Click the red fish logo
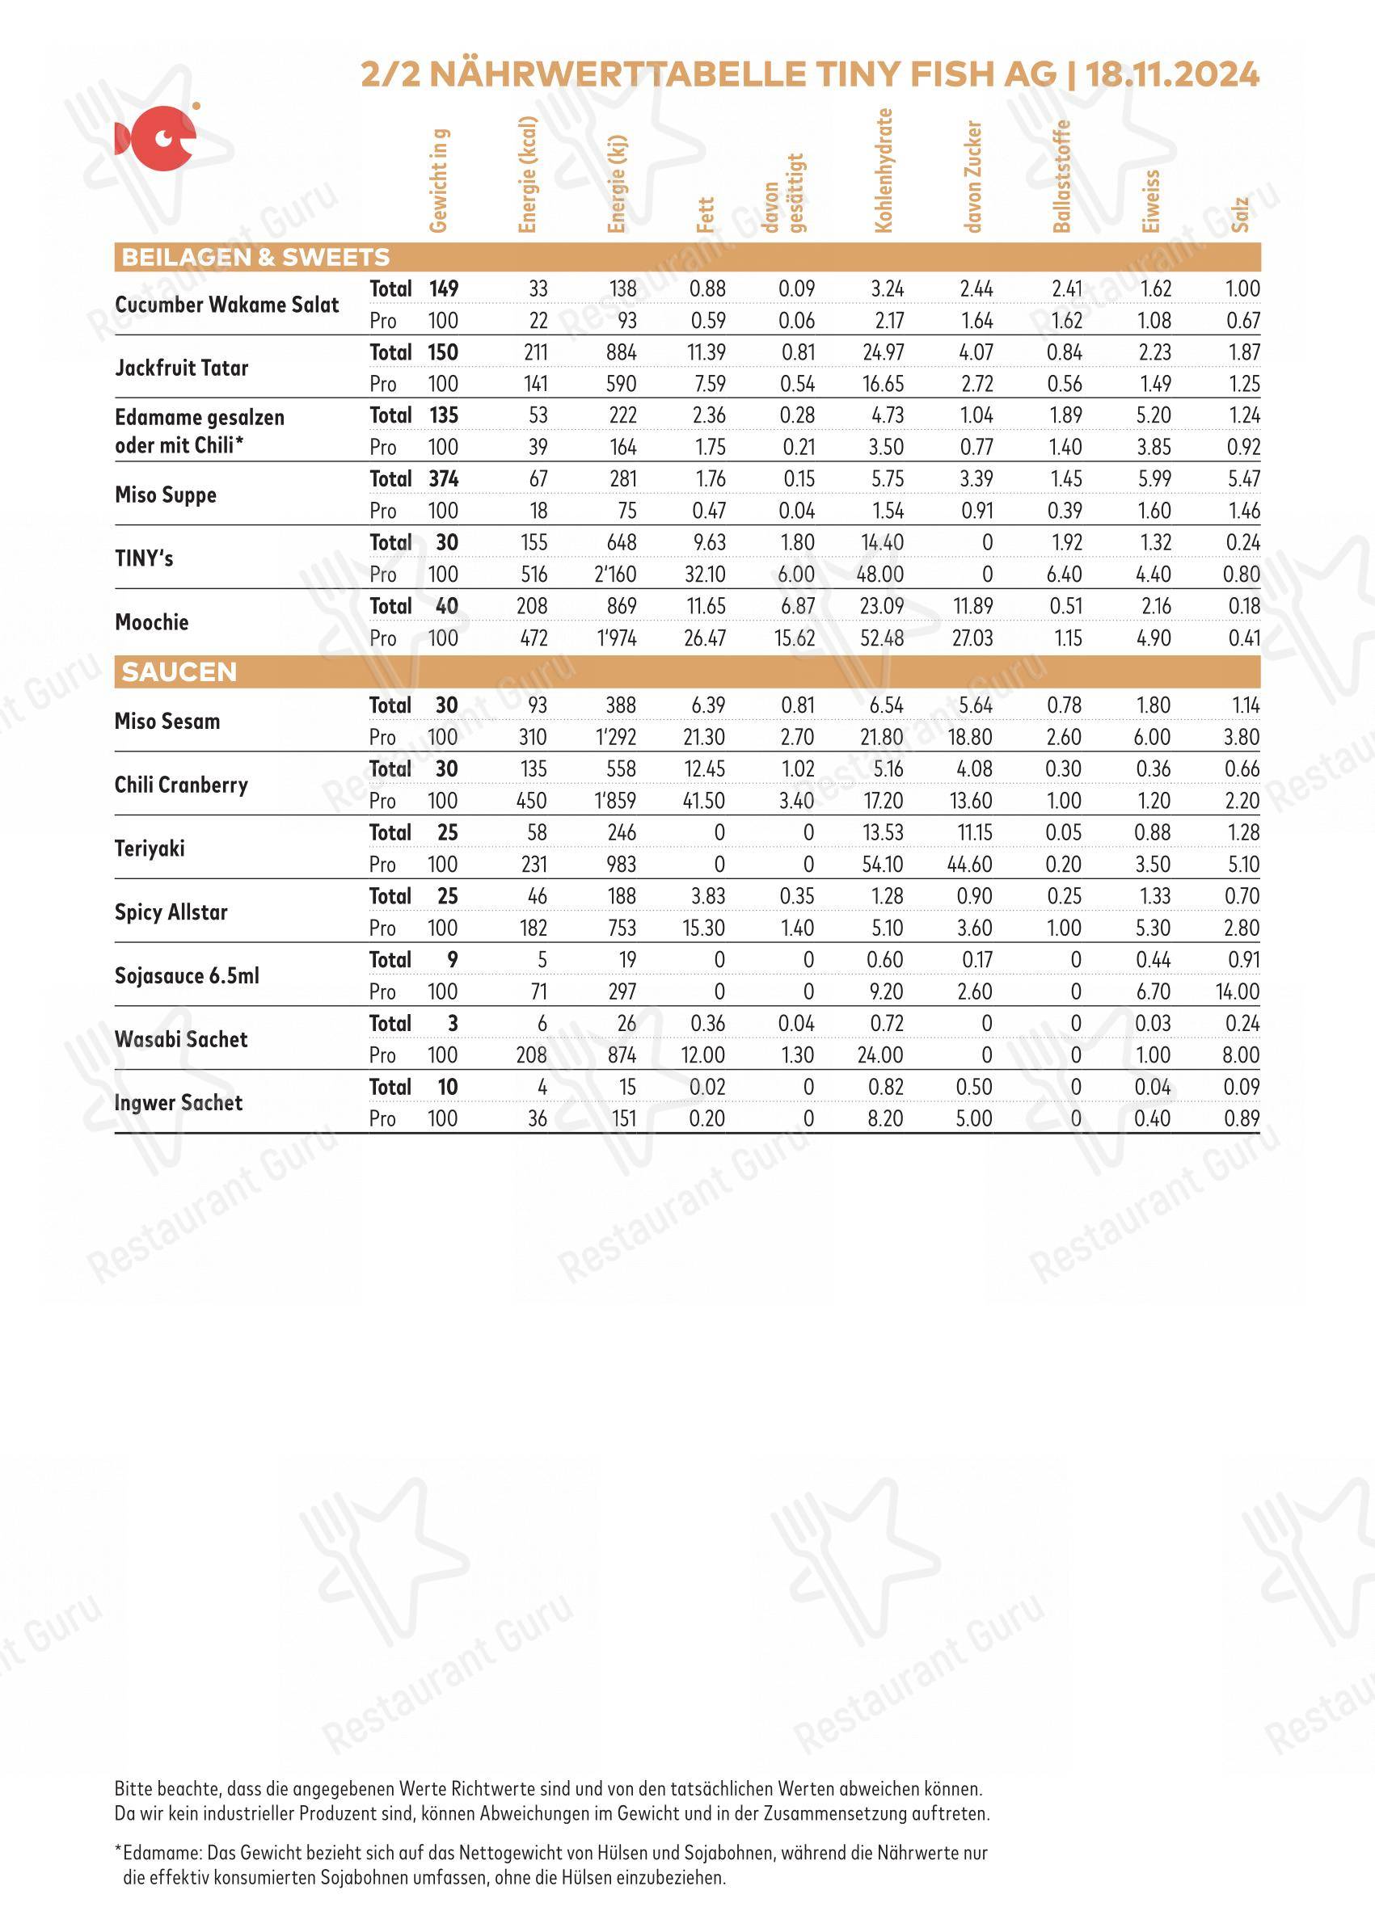pyautogui.click(x=157, y=137)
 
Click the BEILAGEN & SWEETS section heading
pyautogui.click(x=255, y=257)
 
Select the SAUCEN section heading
pyautogui.click(x=179, y=672)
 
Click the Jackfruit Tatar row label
pyautogui.click(x=181, y=368)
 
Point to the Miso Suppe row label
pyautogui.click(x=165, y=495)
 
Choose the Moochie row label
pyautogui.click(x=151, y=622)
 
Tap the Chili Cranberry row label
pyautogui.click(x=181, y=785)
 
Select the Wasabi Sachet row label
pyautogui.click(x=180, y=1039)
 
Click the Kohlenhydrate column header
pyautogui.click(x=884, y=170)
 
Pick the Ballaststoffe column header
pyautogui.click(x=1061, y=176)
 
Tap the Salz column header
pyautogui.click(x=1240, y=214)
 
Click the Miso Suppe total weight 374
pyautogui.click(x=443, y=479)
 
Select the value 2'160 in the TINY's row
pyautogui.click(x=615, y=575)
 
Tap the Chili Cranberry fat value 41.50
pyautogui.click(x=703, y=801)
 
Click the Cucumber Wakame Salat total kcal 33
pyautogui.click(x=538, y=288)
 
